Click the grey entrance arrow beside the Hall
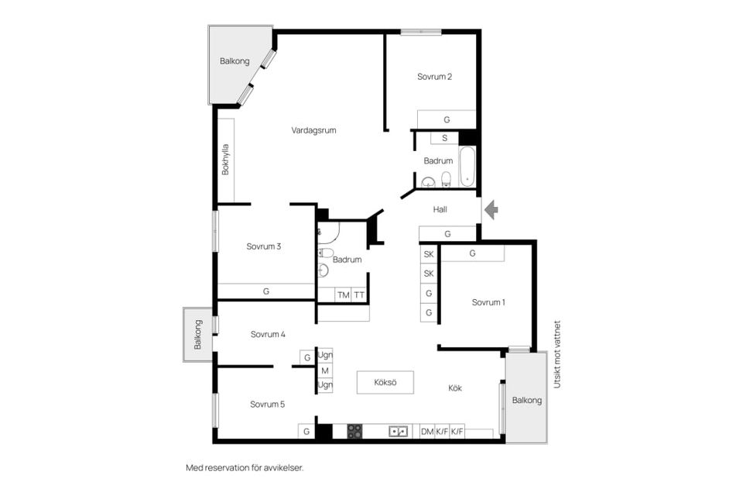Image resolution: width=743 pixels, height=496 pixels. click(491, 209)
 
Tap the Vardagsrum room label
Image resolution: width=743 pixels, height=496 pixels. click(313, 130)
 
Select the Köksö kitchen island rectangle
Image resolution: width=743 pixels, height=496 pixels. click(385, 382)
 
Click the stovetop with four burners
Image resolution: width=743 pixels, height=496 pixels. click(355, 431)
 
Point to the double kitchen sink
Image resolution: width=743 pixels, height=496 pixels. click(399, 432)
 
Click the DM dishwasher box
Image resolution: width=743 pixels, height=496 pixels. click(427, 432)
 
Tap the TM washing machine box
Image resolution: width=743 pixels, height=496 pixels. click(344, 294)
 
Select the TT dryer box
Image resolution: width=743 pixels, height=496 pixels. click(359, 294)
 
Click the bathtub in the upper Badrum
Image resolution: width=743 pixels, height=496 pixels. click(467, 167)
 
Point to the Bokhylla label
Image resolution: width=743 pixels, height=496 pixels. click(225, 160)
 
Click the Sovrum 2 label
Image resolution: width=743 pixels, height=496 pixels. click(434, 77)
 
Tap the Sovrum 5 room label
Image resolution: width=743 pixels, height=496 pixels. click(267, 405)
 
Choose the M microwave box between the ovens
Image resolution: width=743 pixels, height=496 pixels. click(325, 370)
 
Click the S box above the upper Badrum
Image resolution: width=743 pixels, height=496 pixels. click(444, 138)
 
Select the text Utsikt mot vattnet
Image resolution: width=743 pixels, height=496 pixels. click(557, 354)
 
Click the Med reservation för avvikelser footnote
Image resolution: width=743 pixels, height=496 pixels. click(245, 467)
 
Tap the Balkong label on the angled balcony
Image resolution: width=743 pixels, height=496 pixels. click(235, 61)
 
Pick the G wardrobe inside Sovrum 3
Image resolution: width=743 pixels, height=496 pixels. click(266, 291)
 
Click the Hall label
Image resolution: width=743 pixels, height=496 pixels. click(440, 209)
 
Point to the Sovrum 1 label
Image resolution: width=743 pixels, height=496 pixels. click(488, 302)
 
